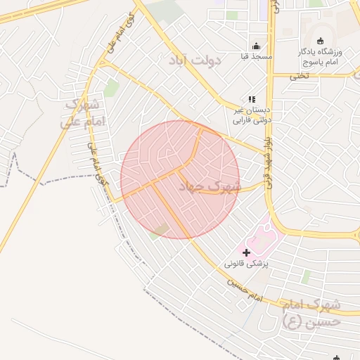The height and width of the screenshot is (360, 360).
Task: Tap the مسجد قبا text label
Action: click(x=257, y=54)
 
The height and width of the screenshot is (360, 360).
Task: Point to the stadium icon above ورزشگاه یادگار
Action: click(x=321, y=41)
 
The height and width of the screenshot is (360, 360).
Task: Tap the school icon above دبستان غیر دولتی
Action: click(x=252, y=100)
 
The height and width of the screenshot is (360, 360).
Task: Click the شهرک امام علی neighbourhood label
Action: click(x=84, y=113)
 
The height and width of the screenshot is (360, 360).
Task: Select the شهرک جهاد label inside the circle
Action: click(x=209, y=186)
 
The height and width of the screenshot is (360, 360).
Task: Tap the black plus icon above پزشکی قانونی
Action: click(x=246, y=252)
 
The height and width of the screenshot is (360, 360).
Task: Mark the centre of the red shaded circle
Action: click(x=180, y=179)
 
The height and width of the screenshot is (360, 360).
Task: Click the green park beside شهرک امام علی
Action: click(x=111, y=88)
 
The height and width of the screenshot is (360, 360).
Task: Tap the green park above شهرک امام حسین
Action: click(x=305, y=276)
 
